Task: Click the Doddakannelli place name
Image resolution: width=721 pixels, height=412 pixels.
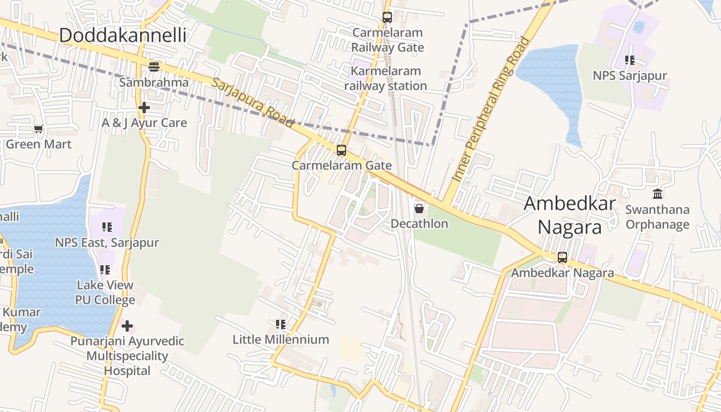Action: pos(123,36)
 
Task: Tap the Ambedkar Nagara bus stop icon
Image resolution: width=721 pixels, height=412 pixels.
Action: pos(562,257)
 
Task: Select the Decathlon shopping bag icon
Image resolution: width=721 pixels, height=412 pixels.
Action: pos(419,209)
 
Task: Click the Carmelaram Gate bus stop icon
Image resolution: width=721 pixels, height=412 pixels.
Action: pos(341,150)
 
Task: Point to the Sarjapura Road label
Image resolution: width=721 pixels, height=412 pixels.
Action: pos(252,104)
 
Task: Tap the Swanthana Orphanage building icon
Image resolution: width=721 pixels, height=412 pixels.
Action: pos(658,194)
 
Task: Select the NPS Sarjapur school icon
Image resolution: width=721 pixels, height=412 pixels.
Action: pos(629,60)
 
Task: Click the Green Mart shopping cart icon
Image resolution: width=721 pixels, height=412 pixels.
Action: pos(39,129)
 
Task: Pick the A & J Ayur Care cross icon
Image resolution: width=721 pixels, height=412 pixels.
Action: pos(144,108)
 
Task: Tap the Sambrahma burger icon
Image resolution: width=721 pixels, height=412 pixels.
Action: pos(154,66)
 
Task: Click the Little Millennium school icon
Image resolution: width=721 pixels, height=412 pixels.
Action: pos(281,324)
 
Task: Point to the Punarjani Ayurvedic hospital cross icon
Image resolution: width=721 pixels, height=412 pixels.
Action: pos(127,326)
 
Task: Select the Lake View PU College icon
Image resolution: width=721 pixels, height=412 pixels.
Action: pos(105,270)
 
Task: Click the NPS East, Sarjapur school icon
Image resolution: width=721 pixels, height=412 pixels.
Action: pos(107,227)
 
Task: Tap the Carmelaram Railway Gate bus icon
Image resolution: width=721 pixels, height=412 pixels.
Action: pos(387,18)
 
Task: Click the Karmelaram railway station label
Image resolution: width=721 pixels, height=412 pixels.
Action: pos(386,78)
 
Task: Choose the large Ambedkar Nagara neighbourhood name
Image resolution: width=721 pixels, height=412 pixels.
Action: pos(570,215)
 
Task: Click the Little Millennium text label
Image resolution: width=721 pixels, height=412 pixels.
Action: pos(281,339)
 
